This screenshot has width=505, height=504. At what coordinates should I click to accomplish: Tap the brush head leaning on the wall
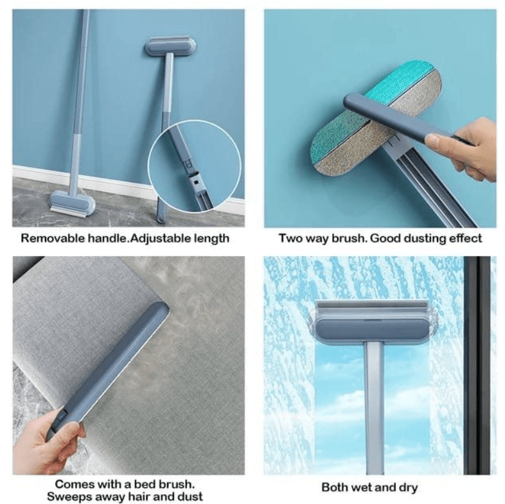pyautogui.click(x=170, y=46)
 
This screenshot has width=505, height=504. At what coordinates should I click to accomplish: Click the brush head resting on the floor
pyautogui.click(x=73, y=204)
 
